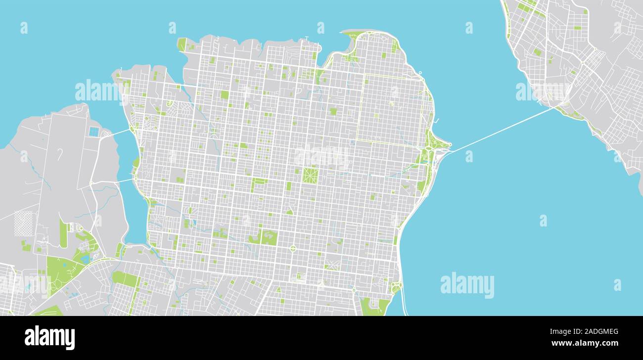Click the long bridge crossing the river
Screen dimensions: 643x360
[x=500, y=130]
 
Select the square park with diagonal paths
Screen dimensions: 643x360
[x=310, y=176]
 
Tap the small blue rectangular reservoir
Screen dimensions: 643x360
[x=94, y=132]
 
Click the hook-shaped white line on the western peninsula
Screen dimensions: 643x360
[x=59, y=154]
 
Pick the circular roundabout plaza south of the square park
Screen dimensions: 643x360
[x=292, y=248]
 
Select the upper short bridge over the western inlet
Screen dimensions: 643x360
[x=118, y=133]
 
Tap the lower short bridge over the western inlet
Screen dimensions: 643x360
[x=125, y=180]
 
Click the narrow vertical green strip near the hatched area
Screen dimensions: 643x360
[x=63, y=233]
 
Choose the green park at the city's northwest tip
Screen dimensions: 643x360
[x=182, y=45]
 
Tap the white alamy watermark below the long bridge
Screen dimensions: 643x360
[x=467, y=285]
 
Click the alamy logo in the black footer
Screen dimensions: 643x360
[x=50, y=338]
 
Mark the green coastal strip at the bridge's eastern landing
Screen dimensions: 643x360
[x=569, y=113]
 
